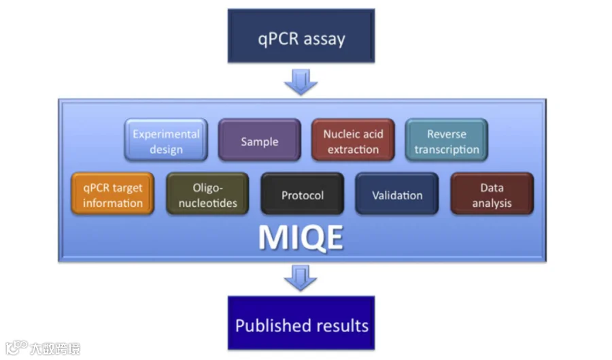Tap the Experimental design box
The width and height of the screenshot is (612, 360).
[166, 141]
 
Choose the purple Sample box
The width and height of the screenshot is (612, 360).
[259, 141]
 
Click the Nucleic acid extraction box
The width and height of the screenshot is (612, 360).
[353, 141]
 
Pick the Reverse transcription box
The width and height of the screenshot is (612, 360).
[447, 141]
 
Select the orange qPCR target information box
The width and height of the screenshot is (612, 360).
[113, 195]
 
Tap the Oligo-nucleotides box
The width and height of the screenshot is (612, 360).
[207, 195]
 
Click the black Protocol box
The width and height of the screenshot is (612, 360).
[302, 195]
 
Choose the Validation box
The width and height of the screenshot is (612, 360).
[397, 195]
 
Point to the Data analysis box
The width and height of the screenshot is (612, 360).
[492, 195]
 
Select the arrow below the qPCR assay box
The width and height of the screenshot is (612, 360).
[301, 82]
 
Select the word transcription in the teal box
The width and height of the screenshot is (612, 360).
[447, 149]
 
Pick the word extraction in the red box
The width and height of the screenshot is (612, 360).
[353, 149]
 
